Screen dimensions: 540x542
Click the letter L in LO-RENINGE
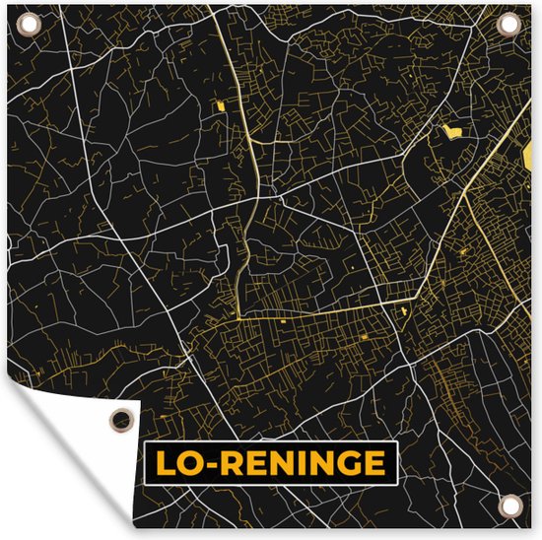[162, 463]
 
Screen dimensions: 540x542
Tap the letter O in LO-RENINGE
[186, 463]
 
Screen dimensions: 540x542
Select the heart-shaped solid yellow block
[452, 130]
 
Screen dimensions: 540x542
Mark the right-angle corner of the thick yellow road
[238, 317]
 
